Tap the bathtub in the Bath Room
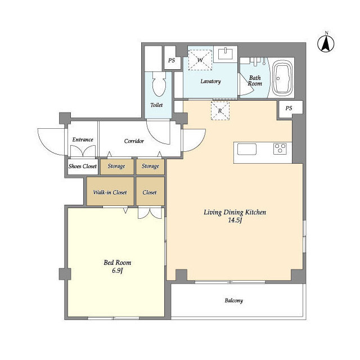click(283, 78)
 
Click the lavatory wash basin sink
click(225, 54)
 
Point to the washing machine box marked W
click(200, 60)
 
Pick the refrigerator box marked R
click(220, 111)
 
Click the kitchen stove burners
click(280, 148)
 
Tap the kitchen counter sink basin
click(247, 149)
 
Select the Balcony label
click(234, 300)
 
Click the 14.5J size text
click(235, 220)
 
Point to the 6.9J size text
click(118, 271)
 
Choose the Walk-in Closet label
click(110, 192)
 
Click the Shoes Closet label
click(83, 166)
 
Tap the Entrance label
click(83, 139)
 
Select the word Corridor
click(134, 141)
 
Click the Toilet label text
click(156, 105)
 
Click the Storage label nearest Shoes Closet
click(116, 166)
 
